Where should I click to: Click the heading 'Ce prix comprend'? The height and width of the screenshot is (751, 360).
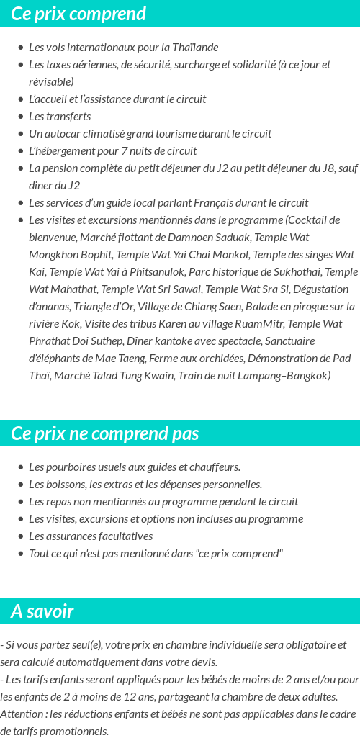coord(78,14)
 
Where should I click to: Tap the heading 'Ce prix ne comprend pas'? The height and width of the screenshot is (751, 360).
coord(105,433)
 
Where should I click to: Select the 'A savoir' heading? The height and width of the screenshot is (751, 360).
coord(42,611)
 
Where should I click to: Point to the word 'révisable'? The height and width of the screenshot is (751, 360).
coord(50,82)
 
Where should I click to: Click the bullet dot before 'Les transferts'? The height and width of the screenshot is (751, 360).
coord(20,117)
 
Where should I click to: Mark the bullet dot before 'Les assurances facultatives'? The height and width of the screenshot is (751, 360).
coord(20,536)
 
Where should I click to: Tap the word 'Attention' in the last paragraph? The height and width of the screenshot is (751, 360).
coord(22,714)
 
